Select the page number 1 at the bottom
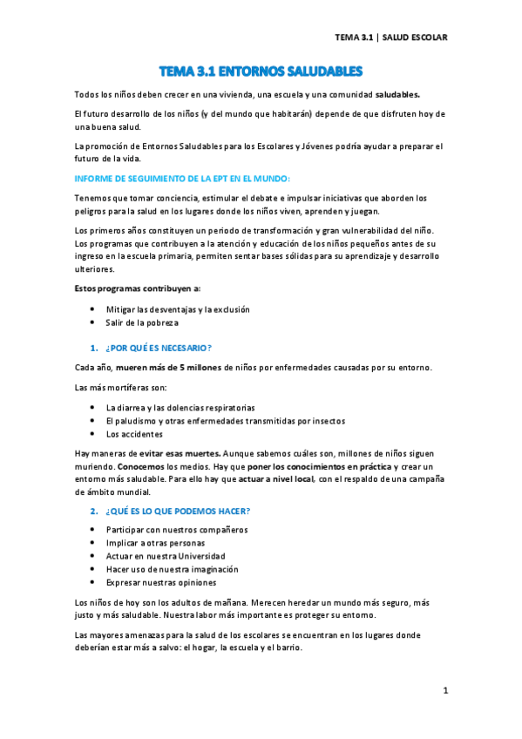tap(444, 691)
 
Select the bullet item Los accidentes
tap(134, 433)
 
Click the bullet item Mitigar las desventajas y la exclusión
tap(178, 309)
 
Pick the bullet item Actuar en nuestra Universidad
tap(166, 556)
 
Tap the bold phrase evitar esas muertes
tap(180, 454)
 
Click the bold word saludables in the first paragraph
tap(397, 92)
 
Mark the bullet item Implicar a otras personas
tap(156, 543)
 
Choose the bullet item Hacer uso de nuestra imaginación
tap(172, 569)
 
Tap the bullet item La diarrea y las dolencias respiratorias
tap(180, 407)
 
